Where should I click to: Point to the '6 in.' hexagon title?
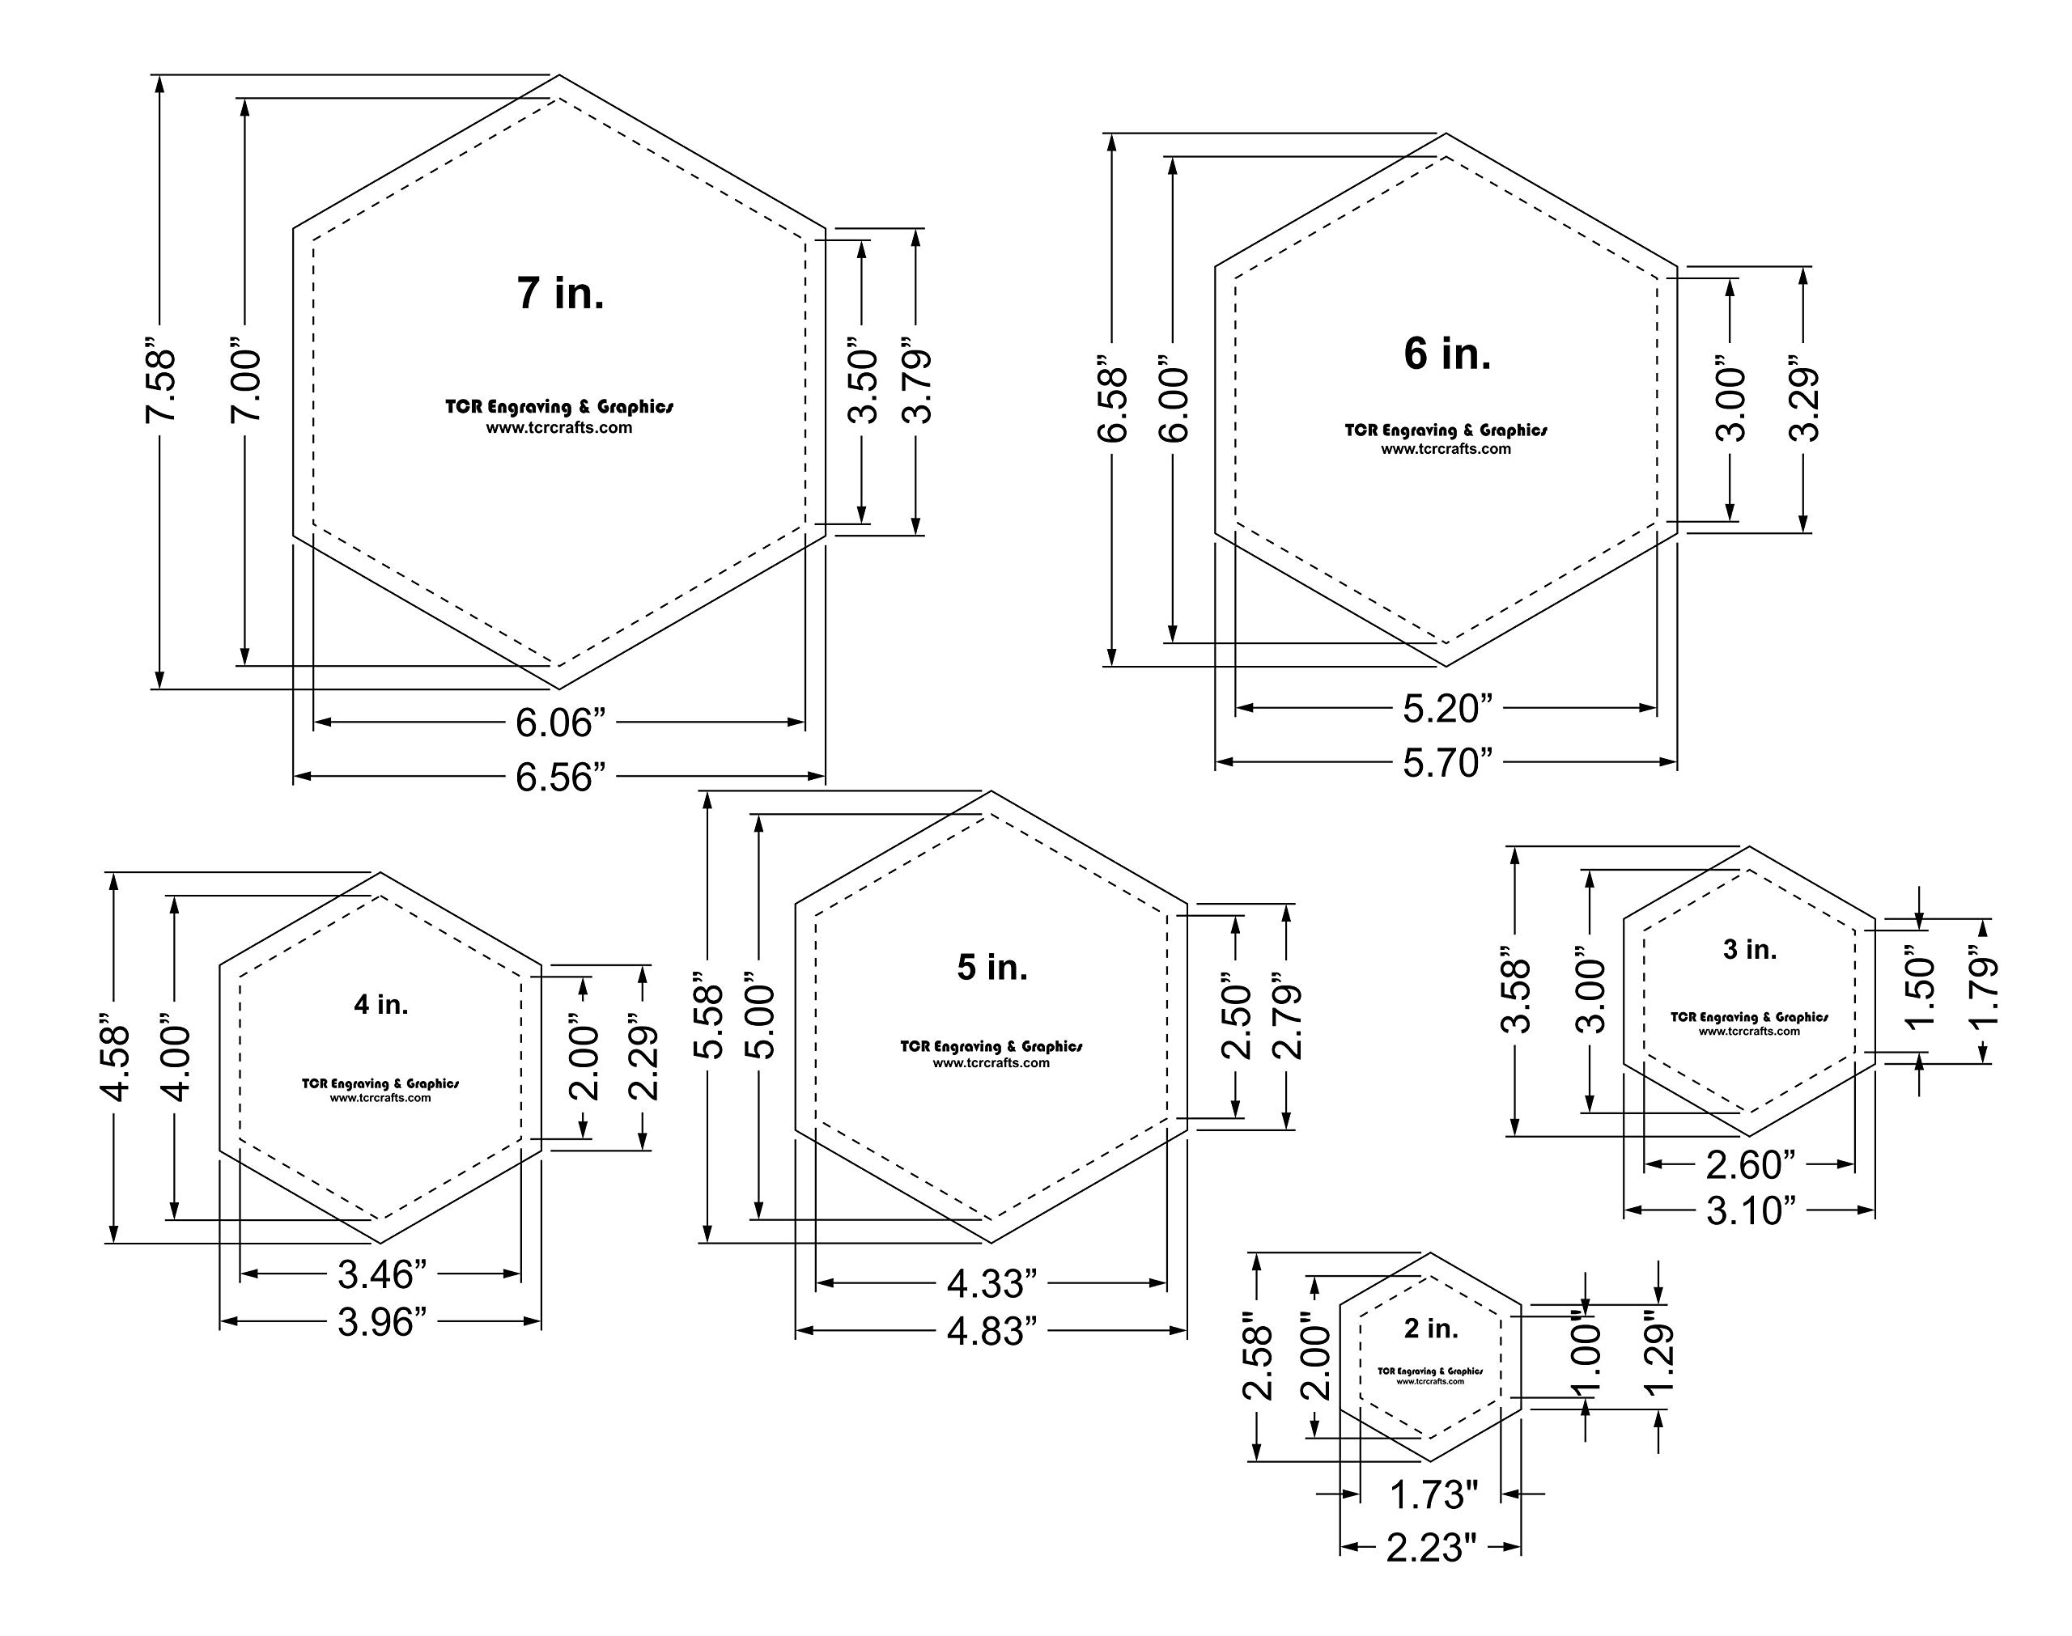[x=1447, y=354]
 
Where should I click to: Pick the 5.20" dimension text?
[x=1447, y=710]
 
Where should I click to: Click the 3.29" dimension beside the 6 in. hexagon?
[x=1805, y=402]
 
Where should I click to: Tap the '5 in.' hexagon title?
[x=992, y=968]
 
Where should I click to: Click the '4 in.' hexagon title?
[x=381, y=1004]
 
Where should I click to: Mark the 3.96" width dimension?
[x=381, y=1323]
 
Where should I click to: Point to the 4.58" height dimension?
[x=115, y=1062]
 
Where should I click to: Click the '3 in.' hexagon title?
[x=1750, y=949]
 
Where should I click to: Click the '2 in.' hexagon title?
[x=1431, y=1329]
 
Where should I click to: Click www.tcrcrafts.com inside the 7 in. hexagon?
[x=558, y=428]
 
